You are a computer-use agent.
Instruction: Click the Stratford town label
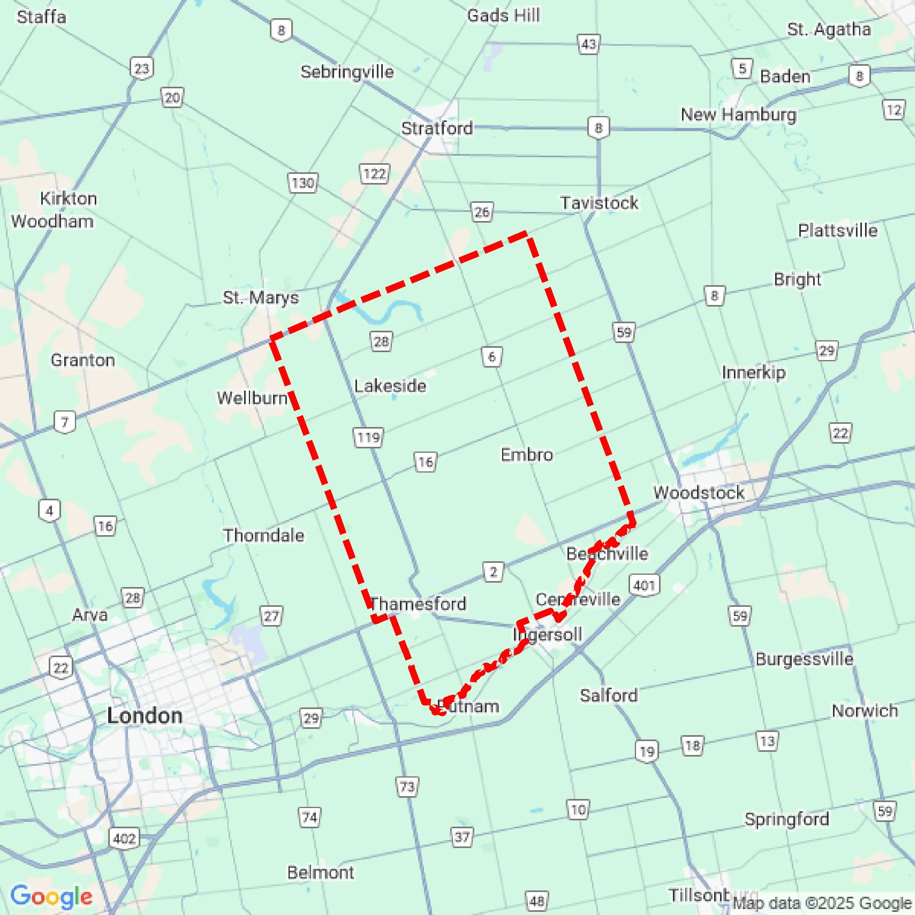coord(437,128)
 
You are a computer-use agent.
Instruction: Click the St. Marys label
coord(261,297)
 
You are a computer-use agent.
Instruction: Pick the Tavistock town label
coord(599,203)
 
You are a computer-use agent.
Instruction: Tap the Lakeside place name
coord(390,386)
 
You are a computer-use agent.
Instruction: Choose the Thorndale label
coord(264,535)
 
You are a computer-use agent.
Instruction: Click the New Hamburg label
coord(738,114)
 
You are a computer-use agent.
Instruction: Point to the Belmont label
coord(320,872)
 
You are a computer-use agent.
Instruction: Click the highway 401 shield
coord(644,585)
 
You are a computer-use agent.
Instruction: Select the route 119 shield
coord(368,437)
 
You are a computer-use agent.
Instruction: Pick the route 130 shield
coord(302,183)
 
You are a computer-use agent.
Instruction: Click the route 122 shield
coord(374,174)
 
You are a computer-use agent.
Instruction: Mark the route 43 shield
coord(588,44)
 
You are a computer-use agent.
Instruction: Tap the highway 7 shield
coord(65,421)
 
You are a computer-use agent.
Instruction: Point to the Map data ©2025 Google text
coord(822,903)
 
